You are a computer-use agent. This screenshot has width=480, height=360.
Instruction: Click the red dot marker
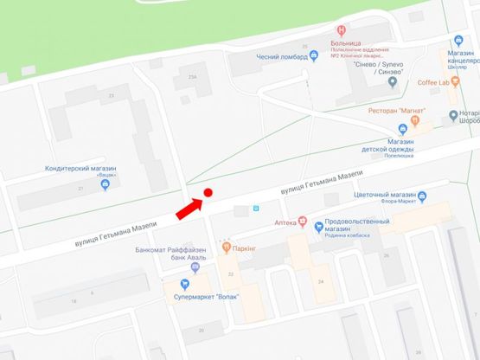(x=208, y=193)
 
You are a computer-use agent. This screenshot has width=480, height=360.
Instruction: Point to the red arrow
(x=189, y=209)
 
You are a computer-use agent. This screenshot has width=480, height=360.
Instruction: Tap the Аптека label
(x=285, y=222)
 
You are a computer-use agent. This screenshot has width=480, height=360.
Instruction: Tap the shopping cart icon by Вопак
(x=184, y=283)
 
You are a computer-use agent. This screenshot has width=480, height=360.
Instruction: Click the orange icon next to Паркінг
(x=226, y=247)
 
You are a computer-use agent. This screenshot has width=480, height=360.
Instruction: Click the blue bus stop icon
(x=254, y=209)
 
